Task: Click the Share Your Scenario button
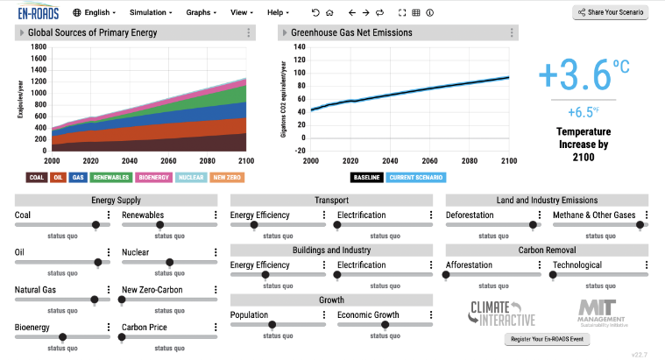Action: click(x=610, y=12)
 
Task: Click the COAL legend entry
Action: click(x=37, y=177)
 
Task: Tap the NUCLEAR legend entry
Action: click(x=191, y=177)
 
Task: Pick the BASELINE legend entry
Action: click(x=366, y=177)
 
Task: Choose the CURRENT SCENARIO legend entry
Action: click(x=414, y=177)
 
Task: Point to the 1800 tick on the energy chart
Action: click(x=39, y=46)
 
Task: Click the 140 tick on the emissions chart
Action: click(x=299, y=46)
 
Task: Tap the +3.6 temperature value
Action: click(x=574, y=76)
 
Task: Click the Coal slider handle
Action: click(x=96, y=224)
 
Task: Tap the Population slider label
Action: click(x=250, y=315)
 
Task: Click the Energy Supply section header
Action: click(x=116, y=200)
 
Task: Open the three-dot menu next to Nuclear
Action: click(x=216, y=253)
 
